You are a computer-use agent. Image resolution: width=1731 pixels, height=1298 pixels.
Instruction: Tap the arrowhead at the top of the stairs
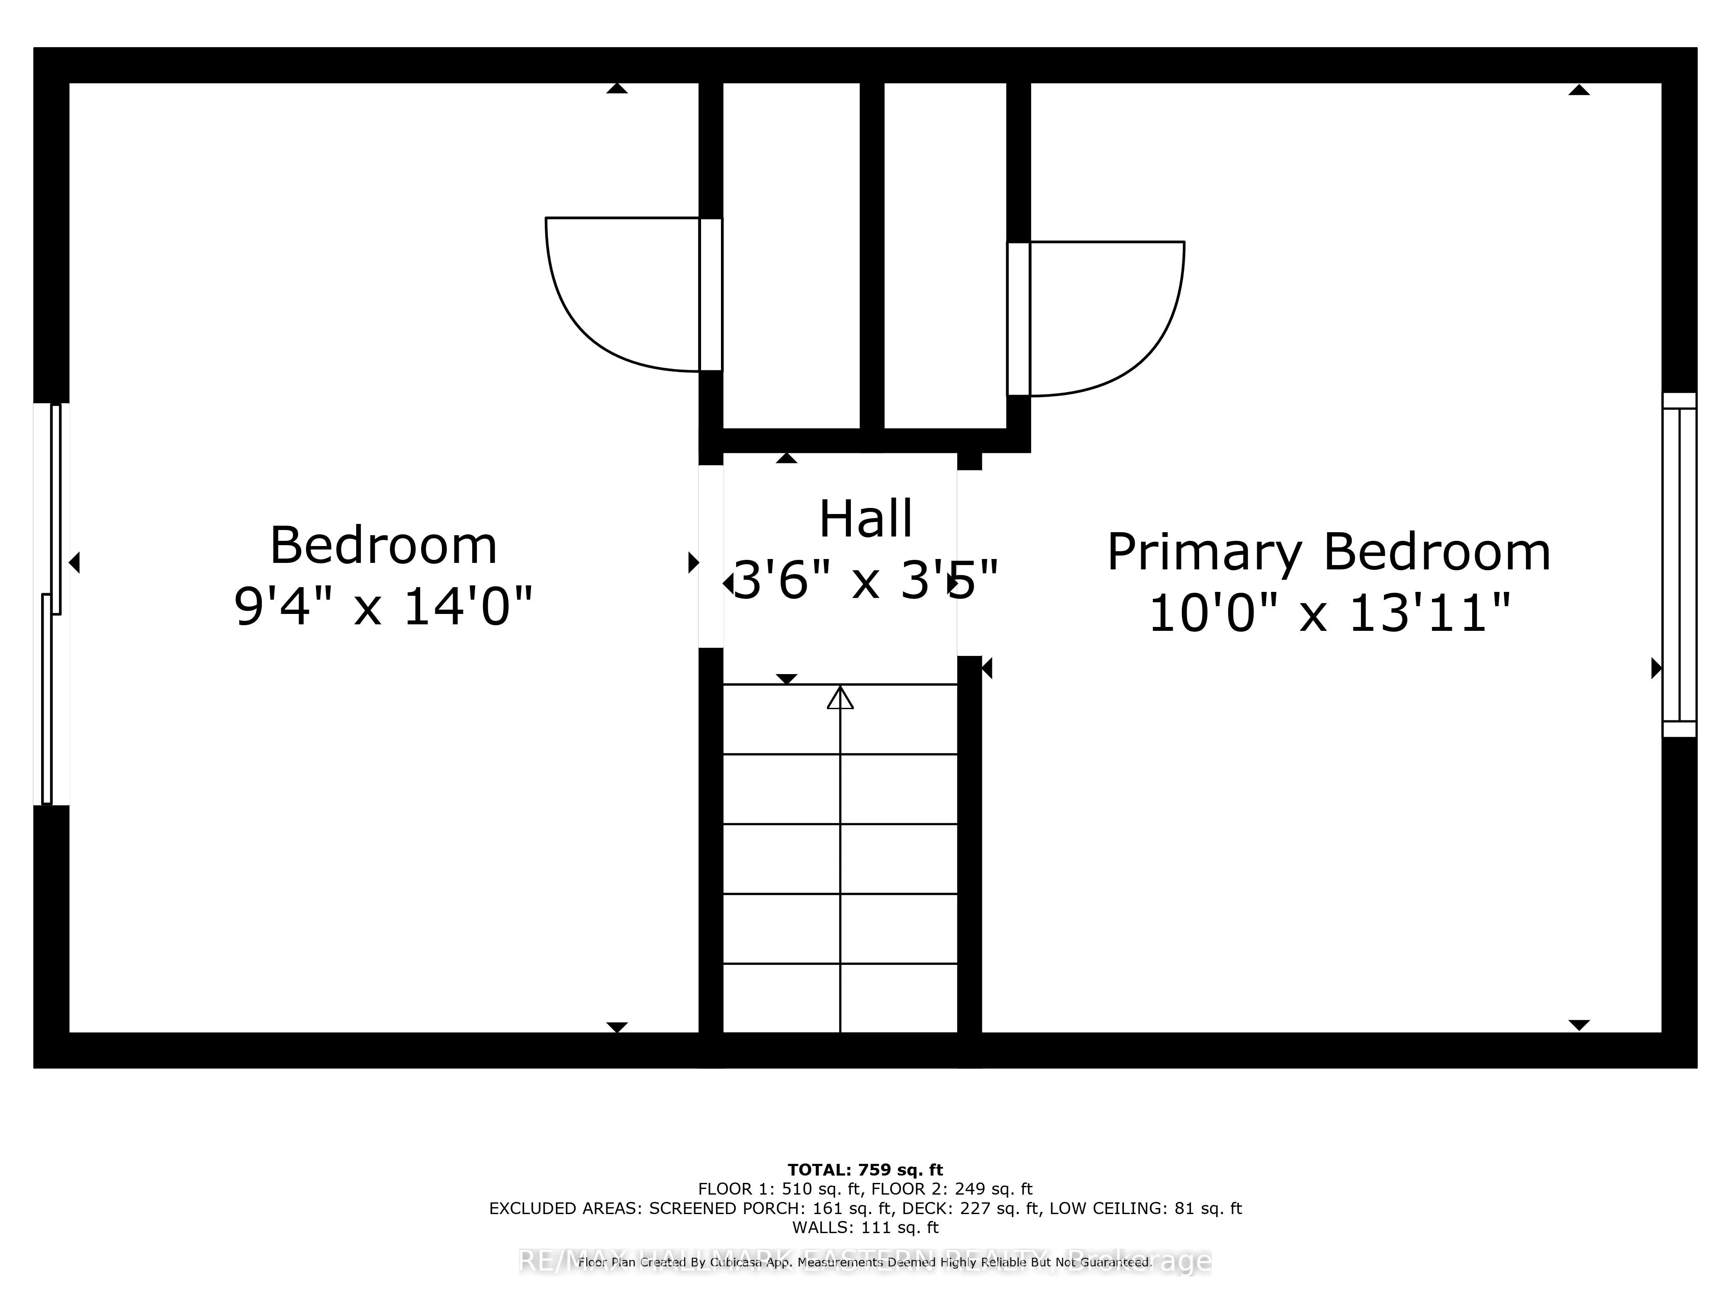coord(840,697)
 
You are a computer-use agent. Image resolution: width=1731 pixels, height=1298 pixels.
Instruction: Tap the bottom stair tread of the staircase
coord(840,998)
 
